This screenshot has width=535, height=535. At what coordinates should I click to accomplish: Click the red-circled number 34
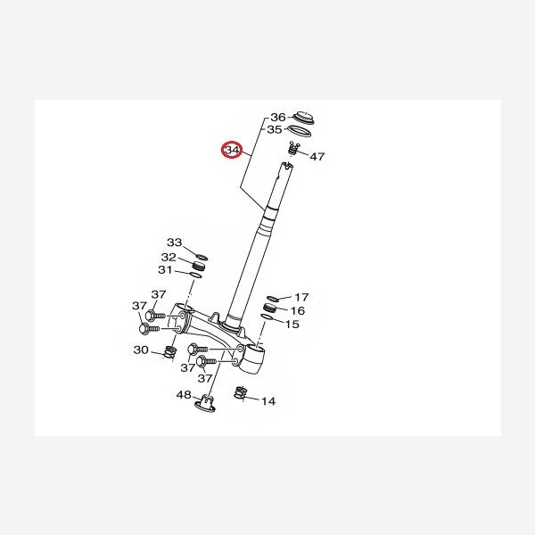tap(233, 150)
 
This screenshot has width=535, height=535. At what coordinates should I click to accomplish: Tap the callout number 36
tap(277, 118)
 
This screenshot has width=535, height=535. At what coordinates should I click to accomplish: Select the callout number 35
tap(275, 129)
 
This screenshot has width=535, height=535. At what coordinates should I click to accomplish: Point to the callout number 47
tap(317, 156)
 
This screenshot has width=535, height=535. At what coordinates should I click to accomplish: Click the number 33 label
tap(175, 243)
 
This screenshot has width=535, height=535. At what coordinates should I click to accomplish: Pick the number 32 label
tap(169, 257)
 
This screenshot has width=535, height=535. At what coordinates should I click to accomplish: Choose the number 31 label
tap(166, 270)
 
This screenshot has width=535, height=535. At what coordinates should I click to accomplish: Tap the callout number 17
tap(301, 298)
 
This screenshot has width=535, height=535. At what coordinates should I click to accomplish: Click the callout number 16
tap(298, 311)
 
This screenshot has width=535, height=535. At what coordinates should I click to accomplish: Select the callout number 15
tap(292, 325)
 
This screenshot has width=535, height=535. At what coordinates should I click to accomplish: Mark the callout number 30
tap(141, 350)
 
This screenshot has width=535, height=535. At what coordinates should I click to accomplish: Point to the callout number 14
tap(268, 401)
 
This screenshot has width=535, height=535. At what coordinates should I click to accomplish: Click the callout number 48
tap(184, 395)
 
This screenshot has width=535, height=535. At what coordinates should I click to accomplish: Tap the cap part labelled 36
tap(303, 117)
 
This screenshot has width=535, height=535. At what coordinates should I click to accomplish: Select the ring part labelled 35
tap(300, 131)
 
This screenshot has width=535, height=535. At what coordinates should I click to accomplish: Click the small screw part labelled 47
tap(292, 148)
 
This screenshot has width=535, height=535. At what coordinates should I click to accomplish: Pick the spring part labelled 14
tap(240, 393)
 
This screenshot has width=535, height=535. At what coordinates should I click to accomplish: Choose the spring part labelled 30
tap(169, 352)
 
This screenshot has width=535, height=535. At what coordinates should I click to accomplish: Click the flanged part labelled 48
tap(205, 403)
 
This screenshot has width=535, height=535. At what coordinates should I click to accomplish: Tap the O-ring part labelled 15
tap(267, 317)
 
